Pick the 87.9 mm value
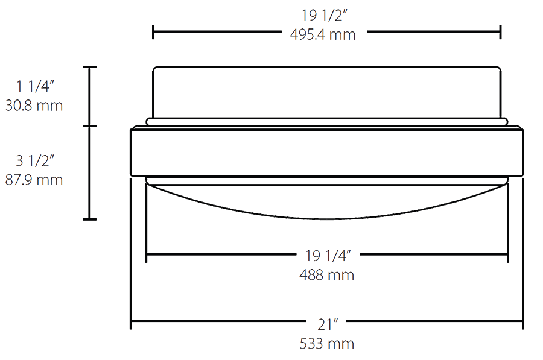[34, 180]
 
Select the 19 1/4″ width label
[326, 255]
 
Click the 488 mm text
[326, 275]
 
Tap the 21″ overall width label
[326, 324]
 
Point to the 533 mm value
[326, 344]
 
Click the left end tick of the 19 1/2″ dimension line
[154, 32]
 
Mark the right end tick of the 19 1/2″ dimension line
[500, 32]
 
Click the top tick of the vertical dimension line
[90, 67]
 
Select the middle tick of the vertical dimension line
[90, 126]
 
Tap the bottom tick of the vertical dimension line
[90, 219]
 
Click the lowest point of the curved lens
[326, 219]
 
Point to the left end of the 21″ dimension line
[132, 324]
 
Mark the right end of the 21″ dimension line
[522, 324]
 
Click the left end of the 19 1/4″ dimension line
[147, 255]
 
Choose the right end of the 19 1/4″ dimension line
[507, 255]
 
